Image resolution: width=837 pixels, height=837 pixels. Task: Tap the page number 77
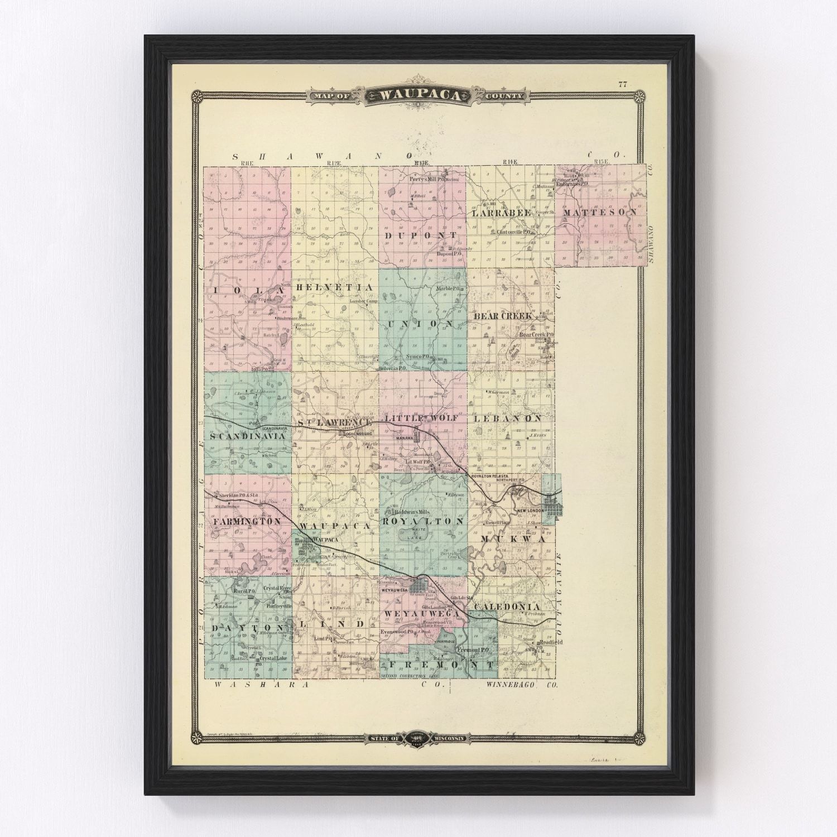[623, 85]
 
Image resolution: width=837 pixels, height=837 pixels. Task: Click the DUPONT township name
[420, 236]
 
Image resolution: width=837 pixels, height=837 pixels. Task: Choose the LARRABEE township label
[502, 213]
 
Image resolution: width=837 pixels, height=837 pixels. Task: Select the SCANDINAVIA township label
[247, 437]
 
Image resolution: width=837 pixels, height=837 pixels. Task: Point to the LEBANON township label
[507, 417]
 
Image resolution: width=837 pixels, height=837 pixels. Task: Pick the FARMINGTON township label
[246, 521]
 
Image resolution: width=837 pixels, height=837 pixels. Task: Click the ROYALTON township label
[423, 521]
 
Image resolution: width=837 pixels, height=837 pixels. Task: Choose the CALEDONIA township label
[507, 606]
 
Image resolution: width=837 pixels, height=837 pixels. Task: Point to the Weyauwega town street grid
[419, 586]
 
